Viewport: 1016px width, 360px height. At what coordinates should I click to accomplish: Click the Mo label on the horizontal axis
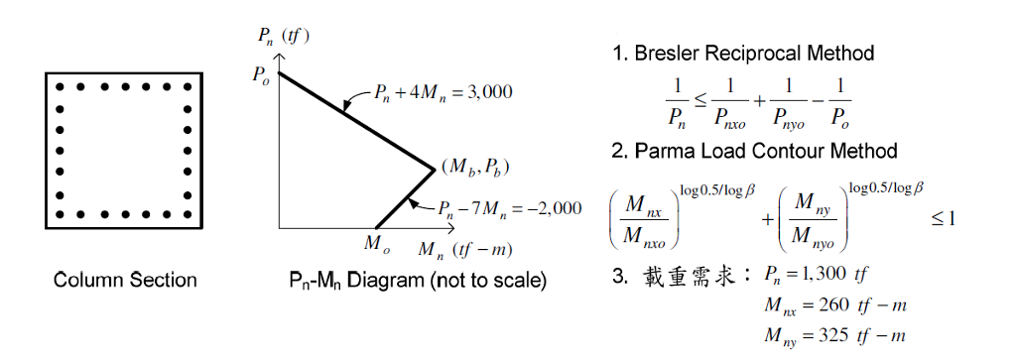click(x=375, y=243)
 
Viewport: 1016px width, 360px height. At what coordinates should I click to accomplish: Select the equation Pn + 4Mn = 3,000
click(x=443, y=94)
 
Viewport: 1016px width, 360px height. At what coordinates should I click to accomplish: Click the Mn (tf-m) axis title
click(x=458, y=248)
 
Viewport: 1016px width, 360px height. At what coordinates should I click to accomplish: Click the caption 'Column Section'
click(x=125, y=281)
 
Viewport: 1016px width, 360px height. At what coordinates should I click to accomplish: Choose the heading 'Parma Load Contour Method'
click(x=754, y=151)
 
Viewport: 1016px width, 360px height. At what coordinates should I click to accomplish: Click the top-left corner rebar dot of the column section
click(x=62, y=86)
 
